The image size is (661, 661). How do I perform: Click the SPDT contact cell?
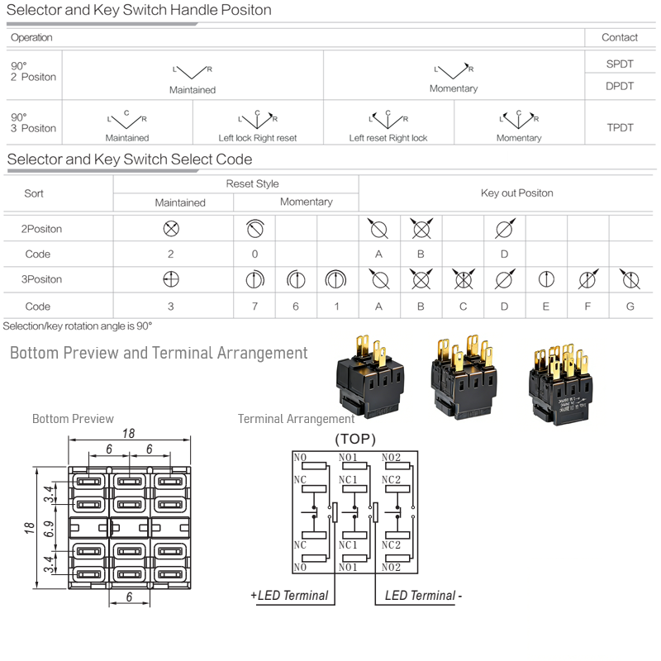tap(620, 64)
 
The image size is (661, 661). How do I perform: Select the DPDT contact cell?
tap(620, 86)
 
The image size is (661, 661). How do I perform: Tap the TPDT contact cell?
tap(620, 128)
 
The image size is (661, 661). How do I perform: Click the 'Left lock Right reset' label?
tap(258, 138)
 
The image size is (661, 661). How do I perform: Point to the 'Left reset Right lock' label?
tap(388, 138)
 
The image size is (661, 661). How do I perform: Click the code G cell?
tap(630, 307)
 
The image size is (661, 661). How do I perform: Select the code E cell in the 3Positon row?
tap(546, 307)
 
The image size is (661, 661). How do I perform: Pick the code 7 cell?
tap(254, 307)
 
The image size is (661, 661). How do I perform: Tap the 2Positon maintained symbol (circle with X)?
tap(171, 229)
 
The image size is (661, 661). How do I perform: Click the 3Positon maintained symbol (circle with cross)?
tap(171, 279)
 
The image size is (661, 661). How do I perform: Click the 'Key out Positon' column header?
tap(516, 193)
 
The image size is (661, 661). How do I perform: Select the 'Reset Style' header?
tap(252, 184)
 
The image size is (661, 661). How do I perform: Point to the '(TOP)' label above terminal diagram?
tap(355, 439)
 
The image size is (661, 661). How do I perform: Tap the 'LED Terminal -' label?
tap(424, 596)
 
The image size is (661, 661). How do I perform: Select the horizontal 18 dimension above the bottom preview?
tap(128, 434)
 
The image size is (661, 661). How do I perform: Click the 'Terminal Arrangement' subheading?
tap(296, 419)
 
